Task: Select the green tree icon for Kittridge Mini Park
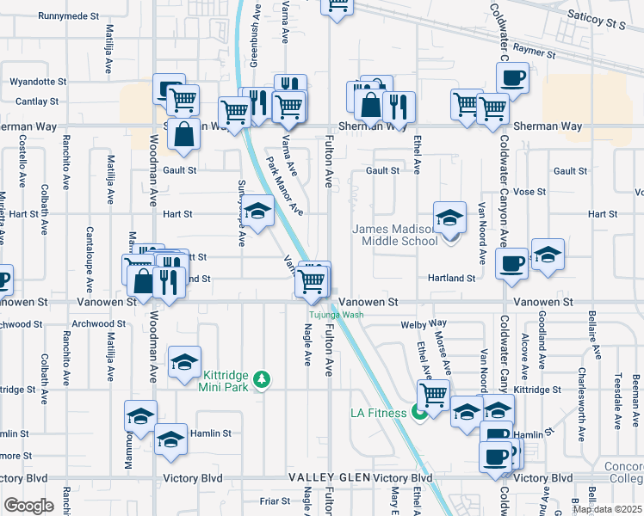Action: [x=266, y=378]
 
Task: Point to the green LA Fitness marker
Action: [x=420, y=413]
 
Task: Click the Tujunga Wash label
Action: [x=337, y=314]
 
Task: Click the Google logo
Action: [x=28, y=506]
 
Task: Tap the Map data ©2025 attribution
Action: [x=607, y=509]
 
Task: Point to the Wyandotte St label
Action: [x=38, y=82]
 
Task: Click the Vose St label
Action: [x=529, y=192]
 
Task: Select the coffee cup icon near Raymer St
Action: [x=512, y=77]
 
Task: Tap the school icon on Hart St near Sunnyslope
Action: [x=257, y=211]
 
